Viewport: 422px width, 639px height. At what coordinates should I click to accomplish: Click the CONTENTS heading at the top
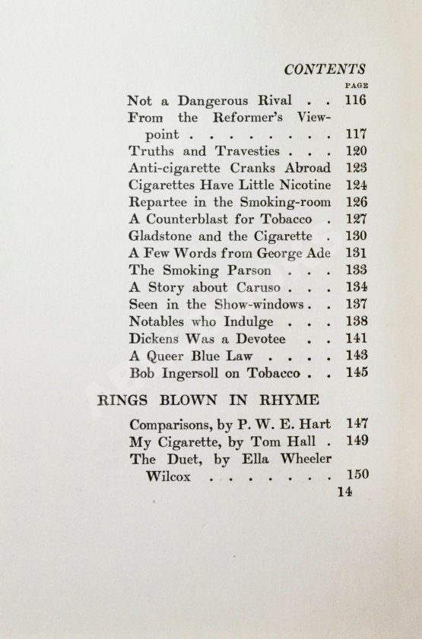coord(325,69)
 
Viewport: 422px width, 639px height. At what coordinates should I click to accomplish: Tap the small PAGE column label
coord(356,86)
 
